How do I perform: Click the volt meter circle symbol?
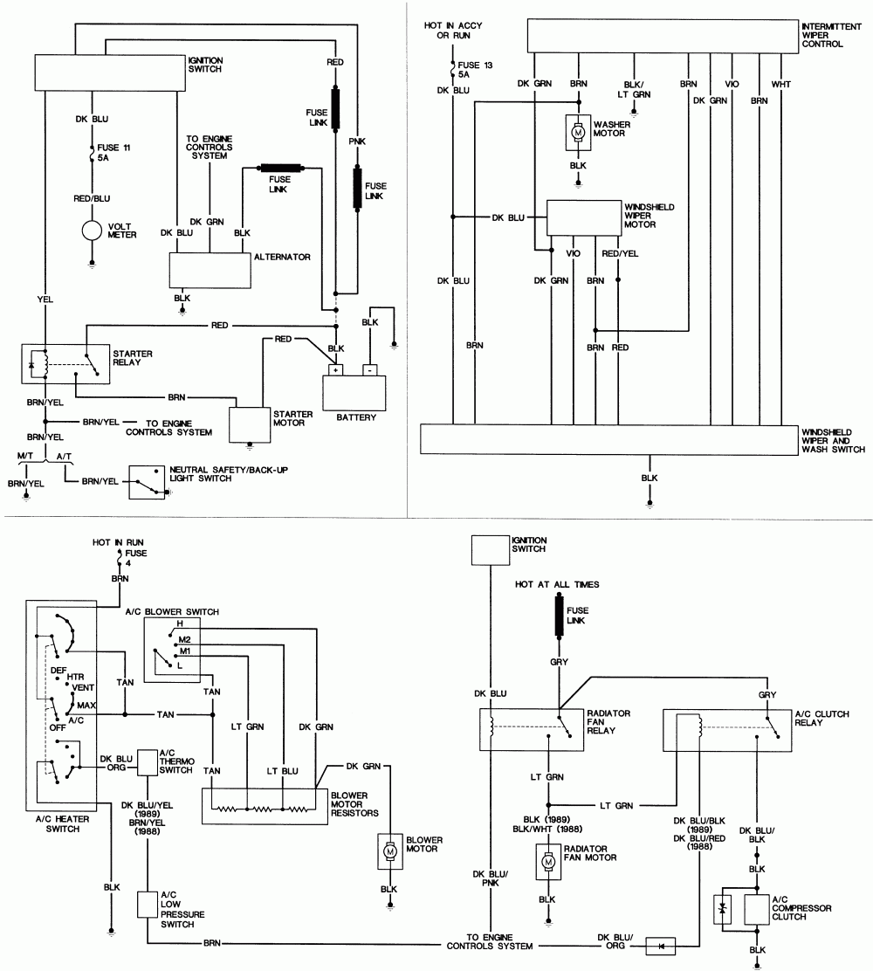[x=92, y=231]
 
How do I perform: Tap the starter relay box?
[x=64, y=362]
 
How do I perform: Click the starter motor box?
[x=249, y=424]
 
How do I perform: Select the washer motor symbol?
[x=577, y=132]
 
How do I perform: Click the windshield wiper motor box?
[x=583, y=217]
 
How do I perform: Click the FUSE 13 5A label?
[x=470, y=69]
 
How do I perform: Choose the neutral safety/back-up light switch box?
[x=148, y=481]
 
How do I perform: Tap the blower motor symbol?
[x=388, y=850]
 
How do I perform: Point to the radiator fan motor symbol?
[x=548, y=861]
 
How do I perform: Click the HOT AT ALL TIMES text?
[x=557, y=583]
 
